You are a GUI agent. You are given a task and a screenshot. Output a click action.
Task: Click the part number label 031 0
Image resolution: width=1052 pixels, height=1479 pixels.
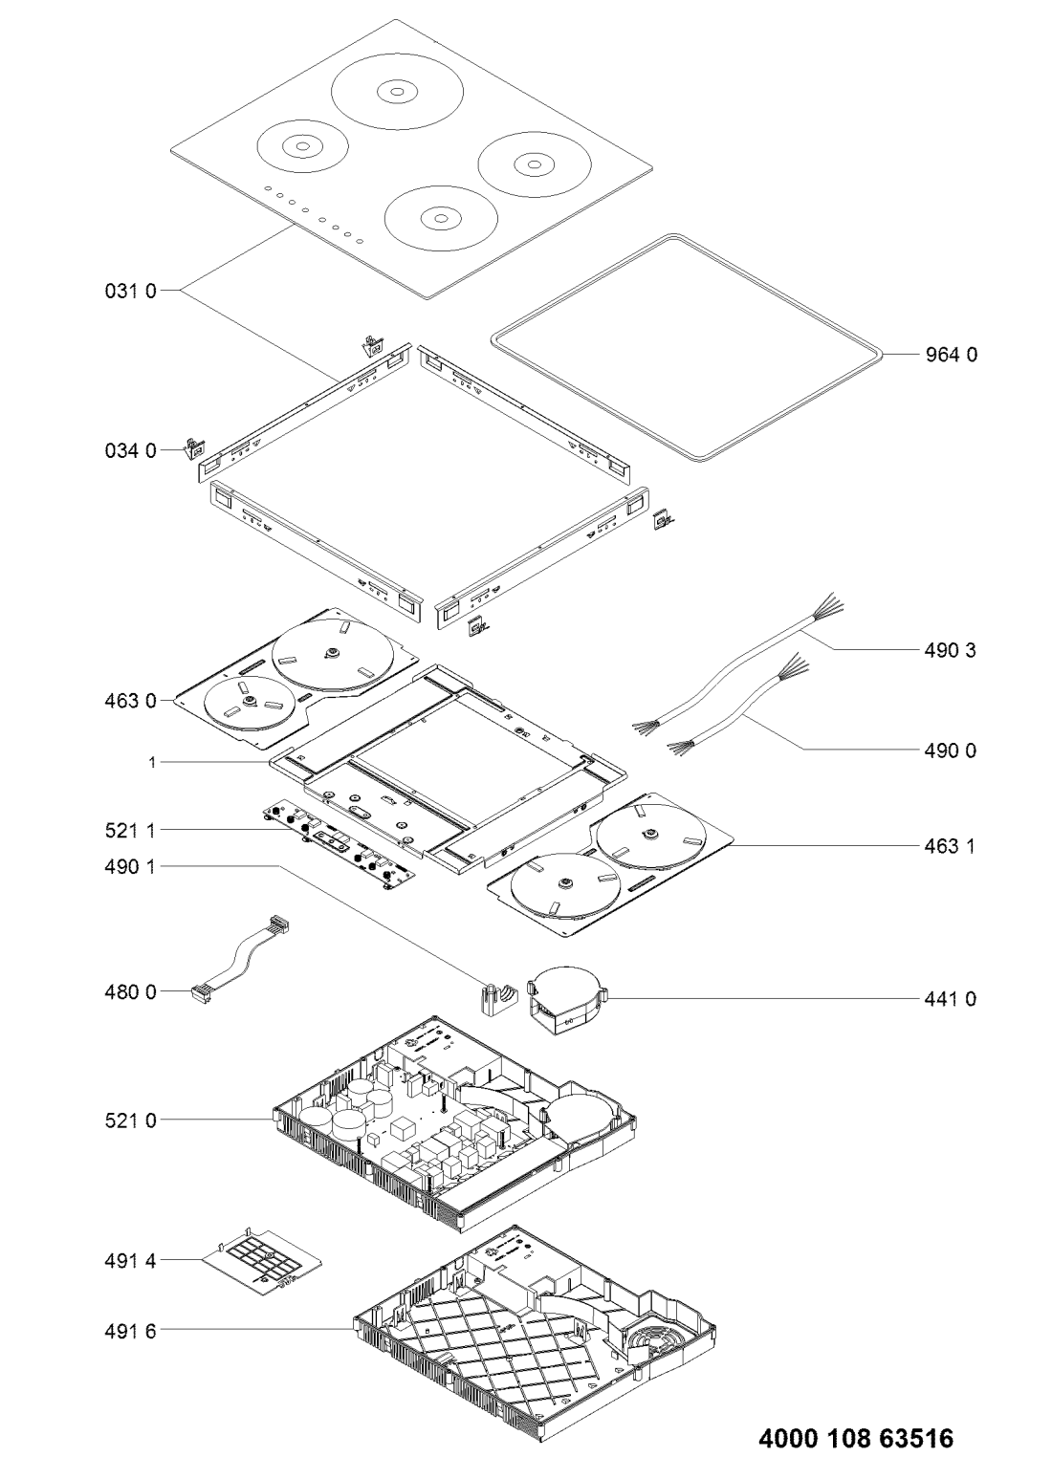tap(131, 291)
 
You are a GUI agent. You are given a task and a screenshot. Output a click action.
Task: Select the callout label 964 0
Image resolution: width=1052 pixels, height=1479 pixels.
tap(951, 355)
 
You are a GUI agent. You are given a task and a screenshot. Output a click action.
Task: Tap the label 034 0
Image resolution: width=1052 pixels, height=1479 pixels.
tap(131, 451)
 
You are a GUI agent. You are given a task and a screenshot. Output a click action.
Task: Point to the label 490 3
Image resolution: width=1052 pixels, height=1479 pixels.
tap(951, 650)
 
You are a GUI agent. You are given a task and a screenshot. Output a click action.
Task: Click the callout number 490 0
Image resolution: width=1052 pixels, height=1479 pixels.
tap(951, 750)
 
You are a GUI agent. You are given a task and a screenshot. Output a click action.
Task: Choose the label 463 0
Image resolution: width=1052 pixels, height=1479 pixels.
tap(131, 701)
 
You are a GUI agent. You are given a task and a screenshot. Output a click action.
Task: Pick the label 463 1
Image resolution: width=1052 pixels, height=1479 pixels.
tap(950, 846)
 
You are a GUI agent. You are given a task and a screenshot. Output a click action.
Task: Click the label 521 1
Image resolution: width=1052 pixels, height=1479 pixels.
tap(130, 831)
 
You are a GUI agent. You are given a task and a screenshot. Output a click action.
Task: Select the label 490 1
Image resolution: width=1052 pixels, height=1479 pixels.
tap(130, 866)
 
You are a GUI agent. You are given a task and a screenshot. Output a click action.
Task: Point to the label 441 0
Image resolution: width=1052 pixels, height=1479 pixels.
tap(951, 999)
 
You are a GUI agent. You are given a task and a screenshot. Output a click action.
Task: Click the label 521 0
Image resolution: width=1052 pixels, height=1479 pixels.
tap(131, 1120)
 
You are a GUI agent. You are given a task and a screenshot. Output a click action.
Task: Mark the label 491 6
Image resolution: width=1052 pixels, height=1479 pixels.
tap(131, 1331)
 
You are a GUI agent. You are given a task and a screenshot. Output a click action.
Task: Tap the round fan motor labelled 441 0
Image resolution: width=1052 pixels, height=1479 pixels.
tap(567, 1000)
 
